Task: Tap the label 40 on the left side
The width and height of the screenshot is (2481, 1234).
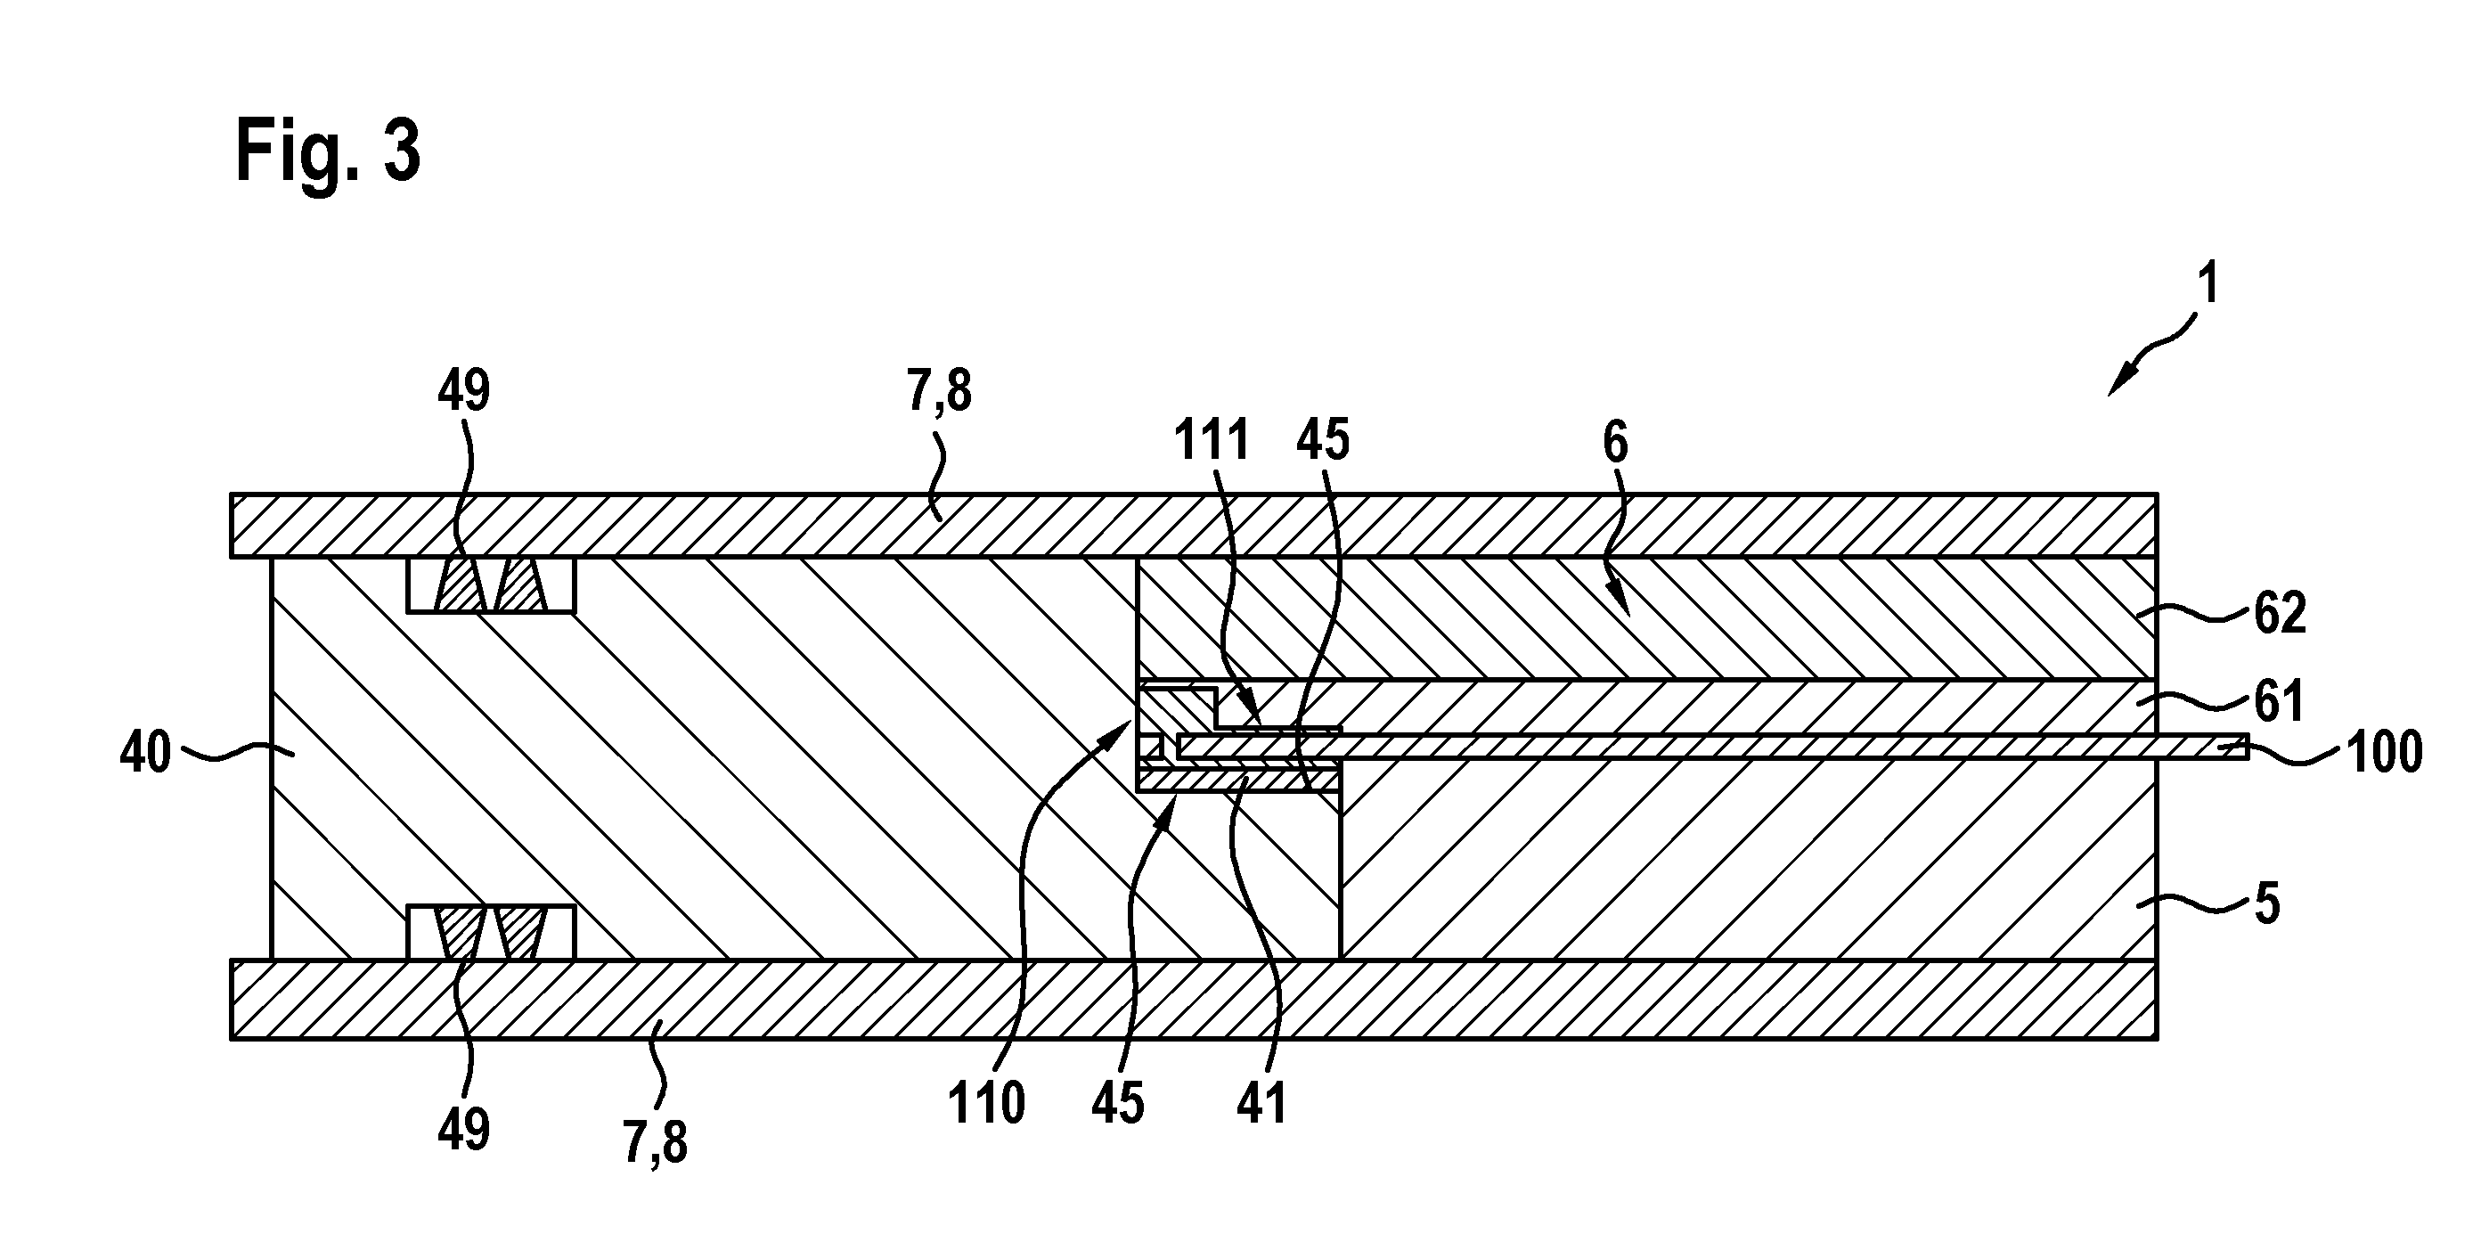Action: click(145, 752)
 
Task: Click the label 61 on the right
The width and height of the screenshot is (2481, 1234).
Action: click(2279, 701)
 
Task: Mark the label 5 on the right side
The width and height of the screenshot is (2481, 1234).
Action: click(2267, 905)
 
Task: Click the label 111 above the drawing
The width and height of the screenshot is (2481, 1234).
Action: click(1212, 440)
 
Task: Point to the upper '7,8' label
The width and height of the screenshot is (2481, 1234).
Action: click(939, 393)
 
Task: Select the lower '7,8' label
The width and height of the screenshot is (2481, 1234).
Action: click(655, 1142)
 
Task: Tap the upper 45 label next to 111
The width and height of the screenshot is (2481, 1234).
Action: click(1323, 440)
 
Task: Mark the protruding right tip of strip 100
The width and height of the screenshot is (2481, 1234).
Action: click(2248, 748)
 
